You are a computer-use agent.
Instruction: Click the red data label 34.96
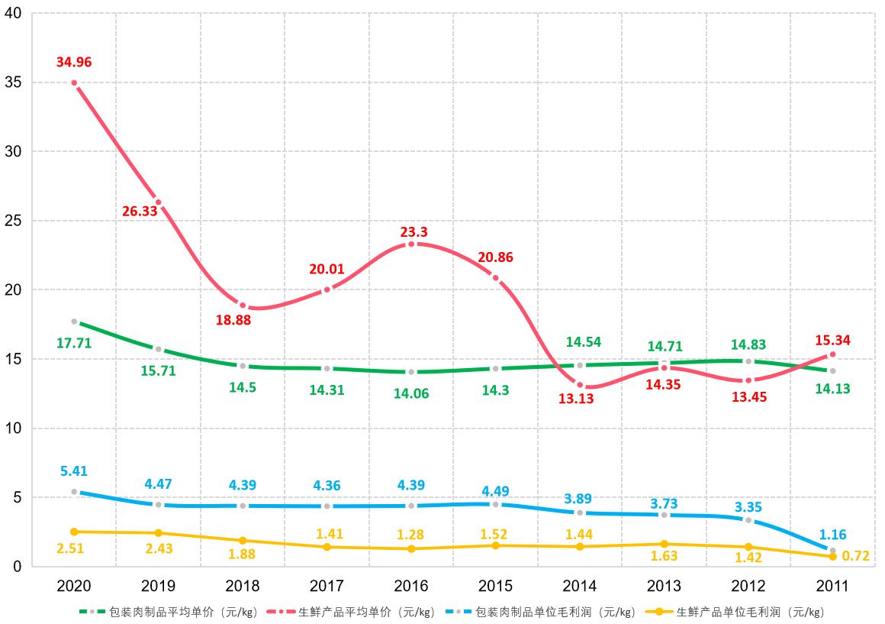pyautogui.click(x=74, y=62)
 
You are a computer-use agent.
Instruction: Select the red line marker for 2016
pyautogui.click(x=411, y=244)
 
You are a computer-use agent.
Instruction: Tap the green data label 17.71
pyautogui.click(x=74, y=343)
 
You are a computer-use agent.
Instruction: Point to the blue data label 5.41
pyautogui.click(x=74, y=471)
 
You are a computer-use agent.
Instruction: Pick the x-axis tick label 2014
pyautogui.click(x=580, y=586)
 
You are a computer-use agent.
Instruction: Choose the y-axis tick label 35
pyautogui.click(x=13, y=82)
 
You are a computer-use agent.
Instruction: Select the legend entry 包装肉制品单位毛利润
pyautogui.click(x=555, y=612)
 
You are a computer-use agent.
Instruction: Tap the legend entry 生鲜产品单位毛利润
pyautogui.click(x=751, y=612)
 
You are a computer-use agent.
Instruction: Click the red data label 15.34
pyautogui.click(x=832, y=340)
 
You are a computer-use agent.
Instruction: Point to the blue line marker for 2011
pyautogui.click(x=832, y=551)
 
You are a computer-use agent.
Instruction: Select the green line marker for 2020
pyautogui.click(x=74, y=322)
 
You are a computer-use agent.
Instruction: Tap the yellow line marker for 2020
pyautogui.click(x=74, y=532)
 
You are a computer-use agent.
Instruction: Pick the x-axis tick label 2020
pyautogui.click(x=74, y=586)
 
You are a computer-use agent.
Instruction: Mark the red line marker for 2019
pyautogui.click(x=158, y=202)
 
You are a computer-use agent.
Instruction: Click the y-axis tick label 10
pyautogui.click(x=13, y=428)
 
